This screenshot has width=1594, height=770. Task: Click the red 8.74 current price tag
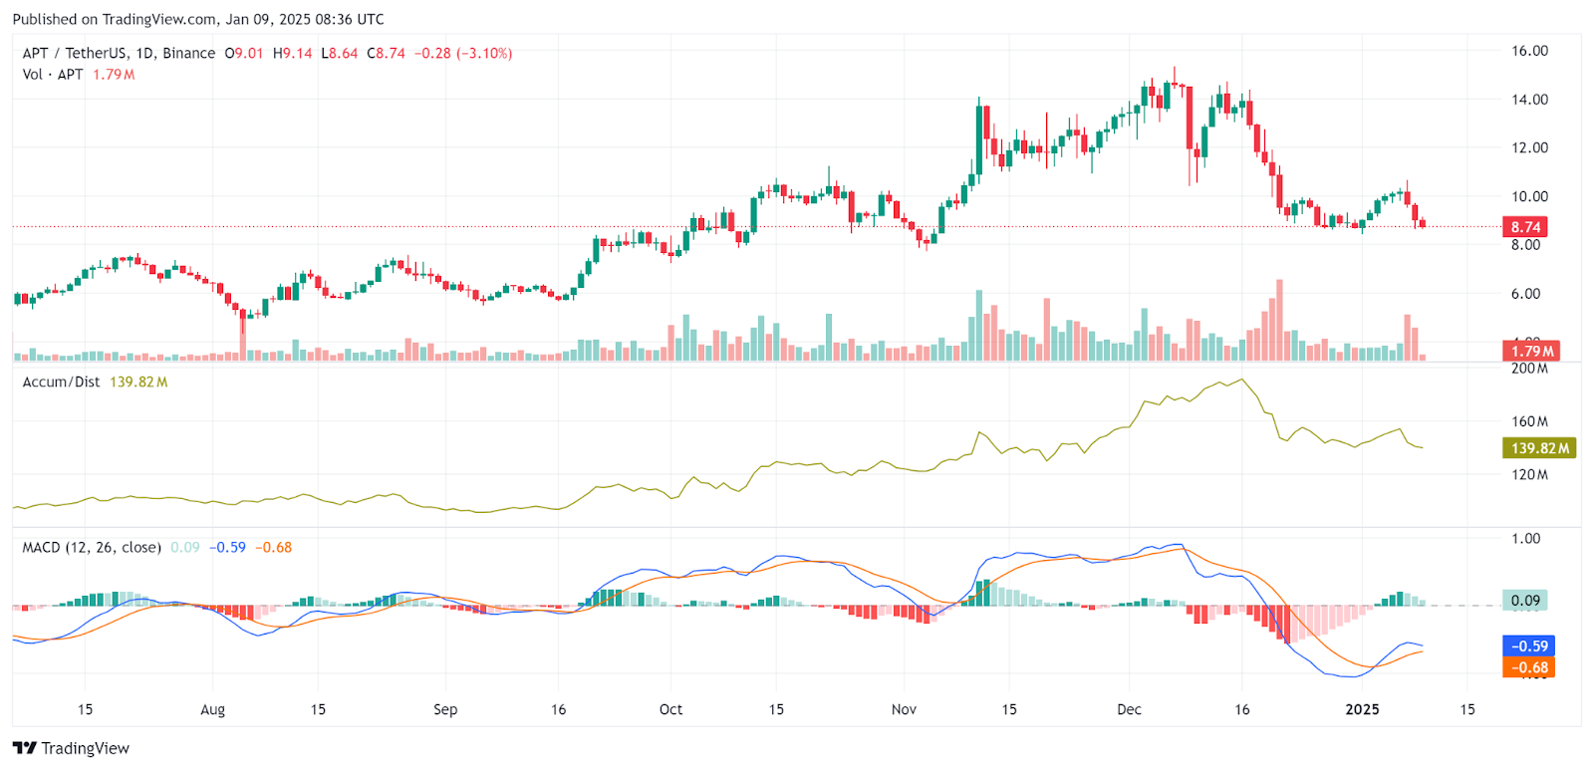(x=1525, y=227)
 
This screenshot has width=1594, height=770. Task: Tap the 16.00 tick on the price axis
(x=1529, y=51)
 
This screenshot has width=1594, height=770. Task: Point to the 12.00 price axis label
(x=1529, y=147)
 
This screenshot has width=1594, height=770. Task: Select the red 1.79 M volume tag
(x=1531, y=351)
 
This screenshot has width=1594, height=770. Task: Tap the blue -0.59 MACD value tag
(x=1529, y=646)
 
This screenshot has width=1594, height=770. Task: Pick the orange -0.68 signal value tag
(x=1529, y=667)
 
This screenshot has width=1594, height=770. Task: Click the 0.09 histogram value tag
(x=1525, y=601)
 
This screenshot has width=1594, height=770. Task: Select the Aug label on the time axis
(x=212, y=709)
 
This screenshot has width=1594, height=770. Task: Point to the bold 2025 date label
(x=1362, y=709)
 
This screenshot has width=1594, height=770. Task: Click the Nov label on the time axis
(x=904, y=709)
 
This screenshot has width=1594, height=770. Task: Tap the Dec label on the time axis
(x=1129, y=709)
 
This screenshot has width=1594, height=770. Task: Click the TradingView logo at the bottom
(x=72, y=748)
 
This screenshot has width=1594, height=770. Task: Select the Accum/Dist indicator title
(x=61, y=382)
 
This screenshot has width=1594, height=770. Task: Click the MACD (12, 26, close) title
(x=92, y=547)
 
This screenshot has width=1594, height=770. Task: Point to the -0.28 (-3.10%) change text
(x=463, y=53)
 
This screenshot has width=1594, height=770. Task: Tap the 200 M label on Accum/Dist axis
(x=1529, y=369)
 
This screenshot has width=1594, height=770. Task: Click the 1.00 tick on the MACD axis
(x=1525, y=538)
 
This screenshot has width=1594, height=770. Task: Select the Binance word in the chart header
(x=189, y=53)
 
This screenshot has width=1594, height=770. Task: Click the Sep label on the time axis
(x=445, y=709)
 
